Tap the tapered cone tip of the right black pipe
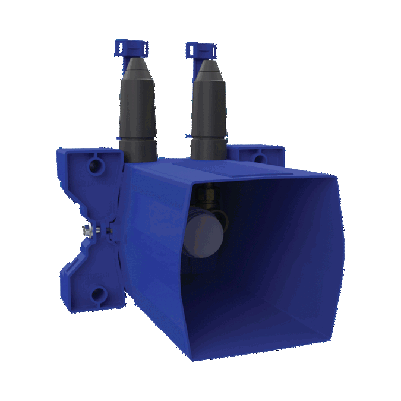[207, 72]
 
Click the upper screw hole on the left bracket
[95, 166]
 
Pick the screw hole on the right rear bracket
[259, 158]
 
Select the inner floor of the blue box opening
[261, 333]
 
